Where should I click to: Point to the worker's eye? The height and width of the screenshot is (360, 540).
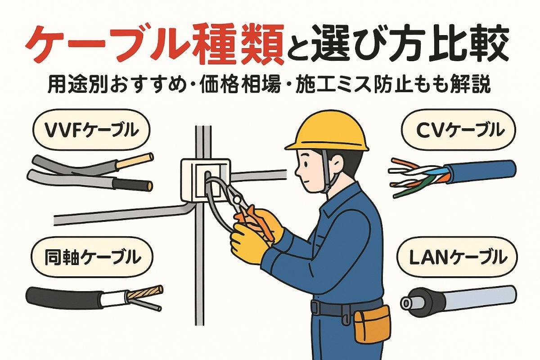306,164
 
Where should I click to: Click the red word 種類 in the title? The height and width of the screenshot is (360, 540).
239,45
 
